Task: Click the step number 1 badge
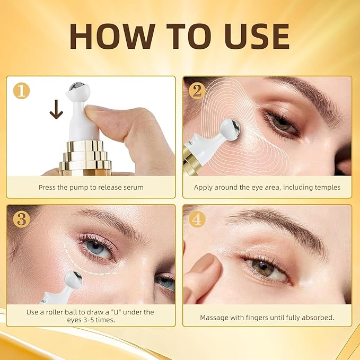click(x=22, y=91)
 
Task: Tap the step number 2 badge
click(x=197, y=91)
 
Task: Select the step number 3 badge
click(x=22, y=219)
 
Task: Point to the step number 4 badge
click(x=197, y=219)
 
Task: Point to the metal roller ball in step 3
click(x=73, y=279)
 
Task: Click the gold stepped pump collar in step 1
click(x=85, y=157)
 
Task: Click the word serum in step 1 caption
click(x=133, y=187)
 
